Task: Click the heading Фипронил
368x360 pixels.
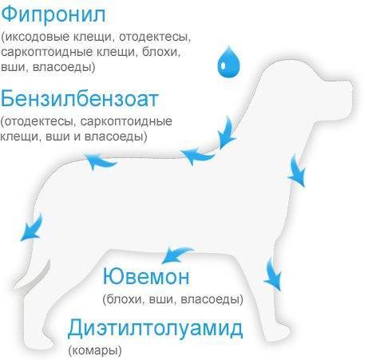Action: pos(53,14)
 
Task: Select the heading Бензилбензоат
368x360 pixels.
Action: pos(80,98)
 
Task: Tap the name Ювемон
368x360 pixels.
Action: pos(146,276)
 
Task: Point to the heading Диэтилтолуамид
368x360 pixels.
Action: pos(155,329)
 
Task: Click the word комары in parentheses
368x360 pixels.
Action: pos(95,350)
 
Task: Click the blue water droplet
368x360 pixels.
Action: pos(228,61)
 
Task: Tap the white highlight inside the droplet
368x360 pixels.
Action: pos(223,65)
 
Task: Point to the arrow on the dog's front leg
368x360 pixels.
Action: pos(273,275)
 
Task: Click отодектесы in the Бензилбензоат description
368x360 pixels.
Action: pos(38,121)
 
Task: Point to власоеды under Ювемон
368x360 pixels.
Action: pos(210,299)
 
